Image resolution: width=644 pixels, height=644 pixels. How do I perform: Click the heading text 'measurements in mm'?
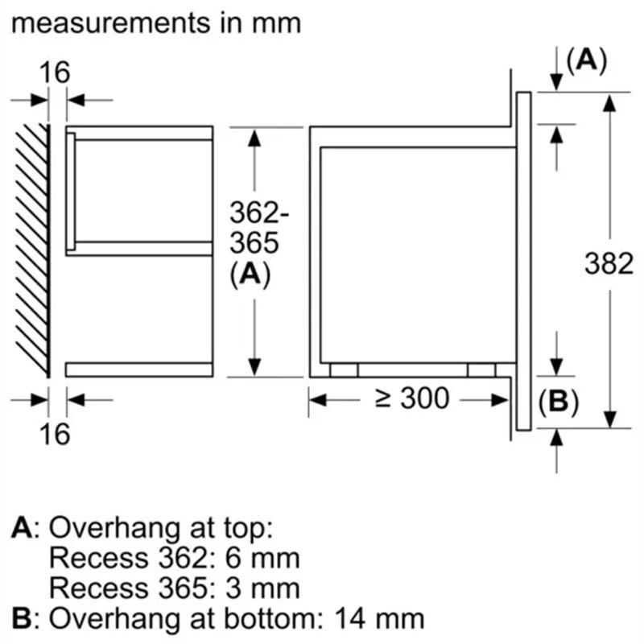[157, 23]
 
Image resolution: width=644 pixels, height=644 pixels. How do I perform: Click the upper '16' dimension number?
[56, 72]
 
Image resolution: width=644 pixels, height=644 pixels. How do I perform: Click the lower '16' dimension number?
[56, 434]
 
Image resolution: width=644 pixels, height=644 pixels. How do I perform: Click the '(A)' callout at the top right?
[586, 60]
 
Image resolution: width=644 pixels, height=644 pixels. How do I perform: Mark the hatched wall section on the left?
[32, 250]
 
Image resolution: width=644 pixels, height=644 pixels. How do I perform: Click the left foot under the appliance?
[344, 369]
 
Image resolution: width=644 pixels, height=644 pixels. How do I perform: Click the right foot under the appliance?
[482, 369]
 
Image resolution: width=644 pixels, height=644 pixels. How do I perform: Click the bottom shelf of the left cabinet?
[139, 369]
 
